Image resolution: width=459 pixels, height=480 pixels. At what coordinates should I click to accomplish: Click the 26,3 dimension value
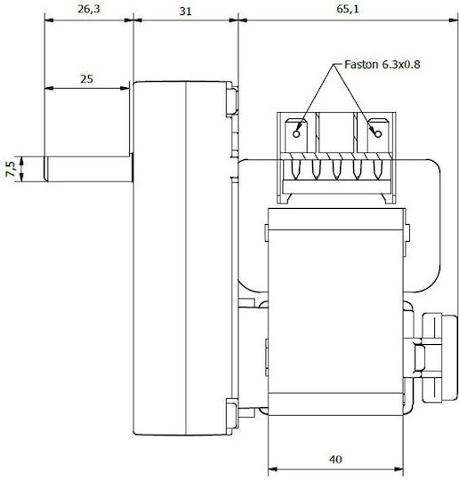(x=89, y=9)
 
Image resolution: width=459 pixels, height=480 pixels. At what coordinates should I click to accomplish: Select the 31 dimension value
(x=185, y=12)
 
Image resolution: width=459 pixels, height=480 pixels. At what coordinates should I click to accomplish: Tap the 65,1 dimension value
(x=348, y=9)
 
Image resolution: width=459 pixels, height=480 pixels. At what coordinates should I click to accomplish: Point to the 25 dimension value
(x=86, y=79)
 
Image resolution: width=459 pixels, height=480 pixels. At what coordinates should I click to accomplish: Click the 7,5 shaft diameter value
(x=10, y=169)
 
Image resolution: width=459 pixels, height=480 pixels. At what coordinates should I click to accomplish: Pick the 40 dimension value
(x=335, y=460)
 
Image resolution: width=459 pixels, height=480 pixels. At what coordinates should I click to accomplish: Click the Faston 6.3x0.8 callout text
(x=382, y=65)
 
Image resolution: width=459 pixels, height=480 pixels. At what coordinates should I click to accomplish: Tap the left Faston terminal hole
(x=296, y=133)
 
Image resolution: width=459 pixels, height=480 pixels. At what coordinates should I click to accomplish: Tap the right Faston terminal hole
(x=378, y=133)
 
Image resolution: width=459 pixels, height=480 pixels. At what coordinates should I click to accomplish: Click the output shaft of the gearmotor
(x=89, y=169)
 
